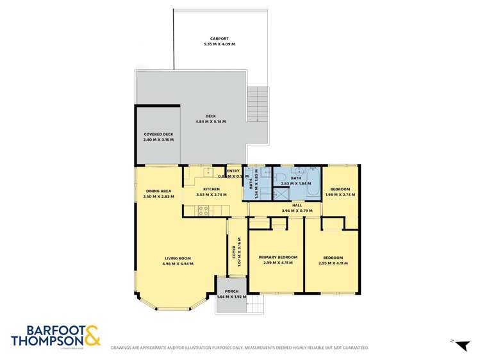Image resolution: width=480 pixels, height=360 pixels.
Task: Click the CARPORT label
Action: click(x=219, y=38)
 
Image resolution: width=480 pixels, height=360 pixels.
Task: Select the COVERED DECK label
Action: click(x=158, y=134)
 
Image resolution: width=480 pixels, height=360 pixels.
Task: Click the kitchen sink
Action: click(x=206, y=172)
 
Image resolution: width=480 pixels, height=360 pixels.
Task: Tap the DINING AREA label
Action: click(x=158, y=191)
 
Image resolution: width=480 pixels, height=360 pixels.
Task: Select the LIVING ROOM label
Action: click(x=178, y=258)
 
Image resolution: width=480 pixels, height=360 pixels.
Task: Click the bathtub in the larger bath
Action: click(x=314, y=177)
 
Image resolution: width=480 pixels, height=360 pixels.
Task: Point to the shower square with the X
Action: click(x=282, y=194)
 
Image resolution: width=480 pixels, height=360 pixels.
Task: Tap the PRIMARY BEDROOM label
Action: click(x=276, y=258)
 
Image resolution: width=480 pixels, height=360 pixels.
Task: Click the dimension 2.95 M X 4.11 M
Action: click(x=333, y=263)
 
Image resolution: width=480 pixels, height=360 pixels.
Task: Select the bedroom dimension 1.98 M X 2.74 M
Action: click(x=340, y=195)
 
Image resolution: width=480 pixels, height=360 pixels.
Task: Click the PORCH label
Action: click(x=231, y=292)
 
